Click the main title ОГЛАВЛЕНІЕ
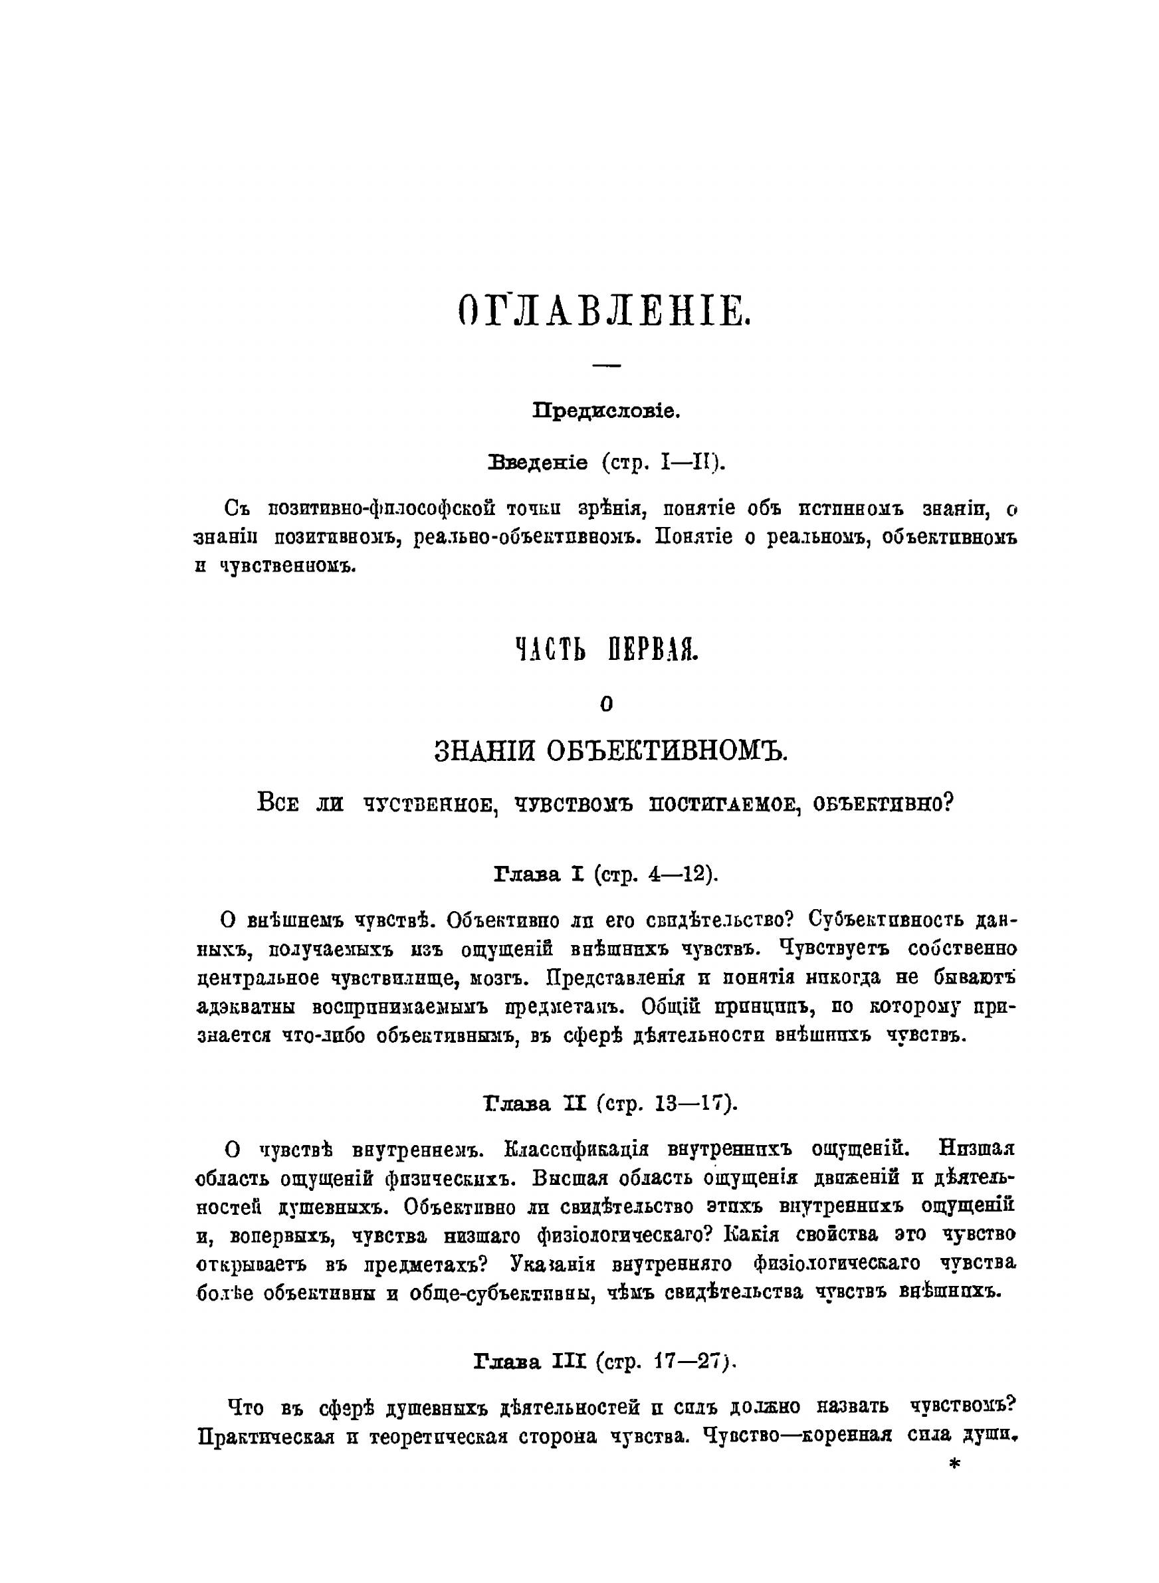click(605, 311)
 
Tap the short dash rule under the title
click(607, 366)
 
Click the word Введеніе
click(538, 463)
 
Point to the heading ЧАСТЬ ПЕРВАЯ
click(607, 651)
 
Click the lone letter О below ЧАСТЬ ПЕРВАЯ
click(607, 705)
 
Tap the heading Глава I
click(540, 875)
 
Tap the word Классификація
click(576, 1150)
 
